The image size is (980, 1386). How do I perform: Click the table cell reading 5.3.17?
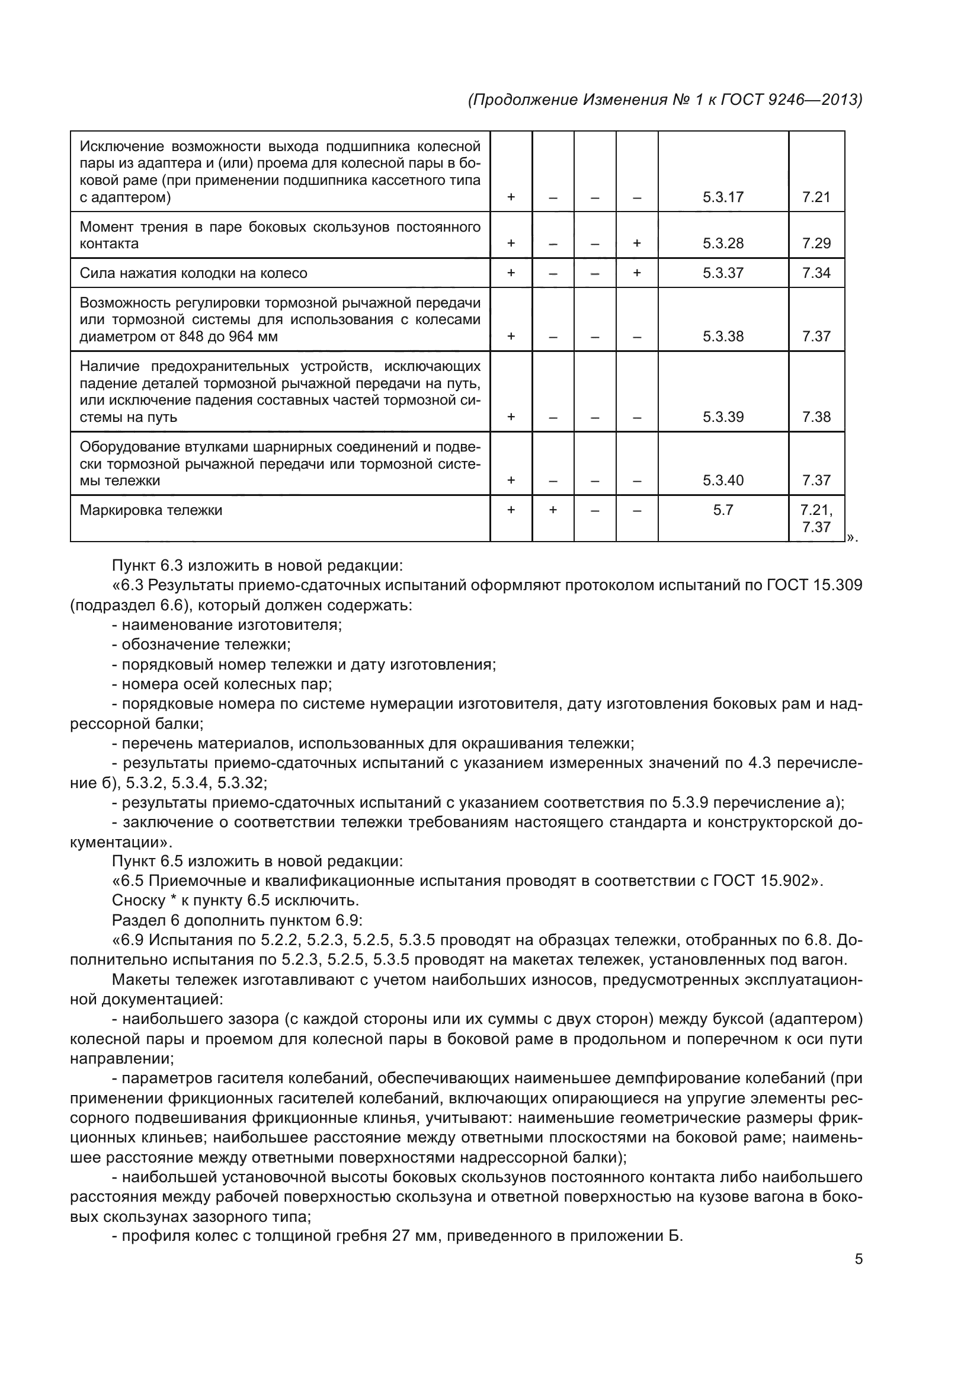click(722, 197)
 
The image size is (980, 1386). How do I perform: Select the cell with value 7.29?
click(816, 244)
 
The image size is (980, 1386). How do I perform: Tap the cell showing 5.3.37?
click(722, 273)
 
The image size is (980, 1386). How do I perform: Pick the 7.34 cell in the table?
click(816, 273)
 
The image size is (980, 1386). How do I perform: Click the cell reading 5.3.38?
click(722, 336)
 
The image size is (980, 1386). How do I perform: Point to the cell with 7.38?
click(816, 417)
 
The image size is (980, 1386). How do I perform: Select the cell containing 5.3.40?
click(722, 480)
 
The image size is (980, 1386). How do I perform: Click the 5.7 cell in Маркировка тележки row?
click(722, 510)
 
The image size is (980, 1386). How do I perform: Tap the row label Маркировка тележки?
click(151, 510)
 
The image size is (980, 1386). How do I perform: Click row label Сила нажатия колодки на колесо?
click(193, 273)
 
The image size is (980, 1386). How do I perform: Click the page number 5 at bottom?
click(859, 1259)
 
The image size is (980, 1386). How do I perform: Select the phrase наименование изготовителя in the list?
click(232, 625)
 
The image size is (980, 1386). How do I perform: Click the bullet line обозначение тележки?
click(206, 644)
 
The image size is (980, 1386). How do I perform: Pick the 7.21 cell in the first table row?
click(816, 197)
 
